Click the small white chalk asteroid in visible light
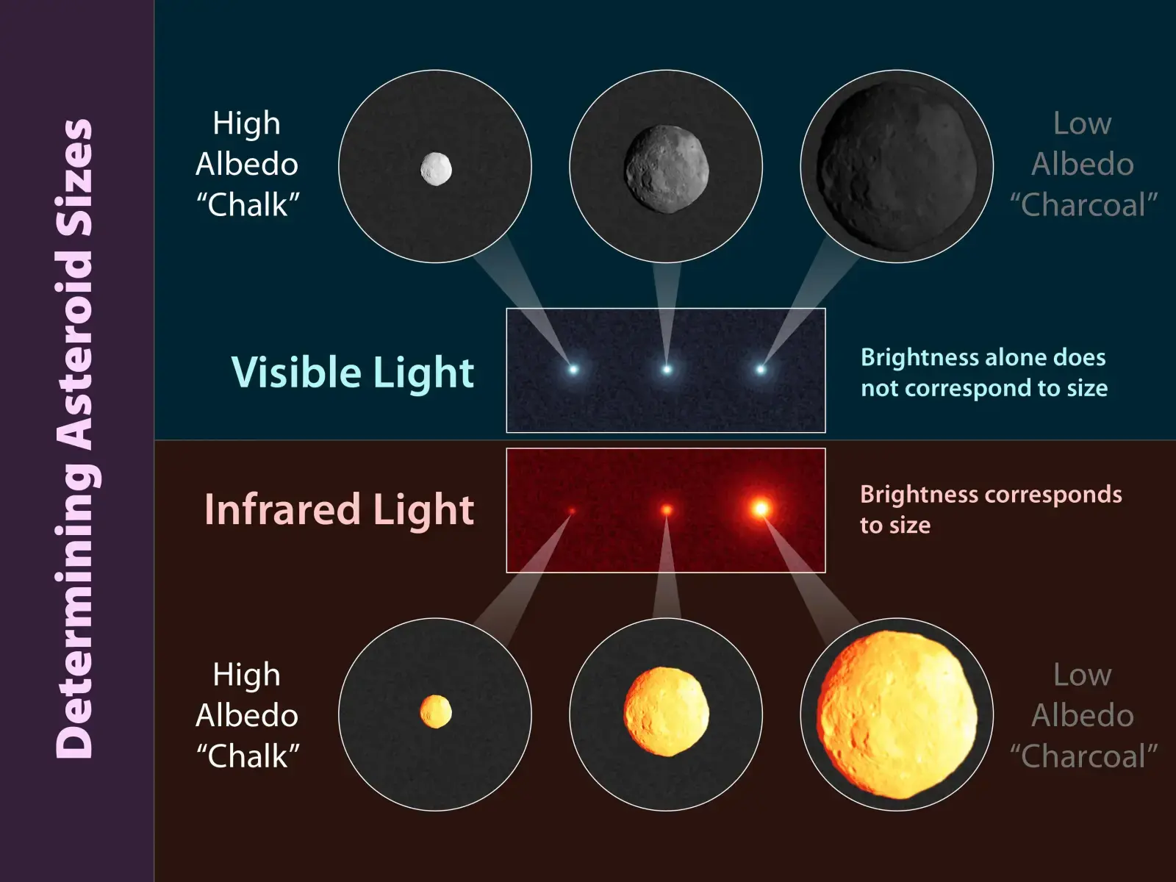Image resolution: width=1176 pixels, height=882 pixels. click(x=436, y=169)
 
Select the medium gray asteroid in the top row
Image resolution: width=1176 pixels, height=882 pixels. click(x=667, y=169)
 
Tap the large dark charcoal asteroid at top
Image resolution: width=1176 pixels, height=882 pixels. click(x=897, y=167)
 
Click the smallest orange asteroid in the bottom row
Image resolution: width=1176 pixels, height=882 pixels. click(x=436, y=711)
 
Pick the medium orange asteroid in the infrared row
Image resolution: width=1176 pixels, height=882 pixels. click(x=667, y=711)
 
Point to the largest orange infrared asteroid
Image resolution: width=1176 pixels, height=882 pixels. click(x=897, y=714)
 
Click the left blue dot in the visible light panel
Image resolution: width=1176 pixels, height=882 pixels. click(x=573, y=370)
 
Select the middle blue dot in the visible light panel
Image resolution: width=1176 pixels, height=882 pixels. click(x=667, y=370)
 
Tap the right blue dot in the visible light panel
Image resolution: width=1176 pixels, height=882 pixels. click(x=761, y=370)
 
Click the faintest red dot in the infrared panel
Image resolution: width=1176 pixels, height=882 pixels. click(x=572, y=512)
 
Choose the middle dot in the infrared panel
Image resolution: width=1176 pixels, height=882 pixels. click(x=667, y=510)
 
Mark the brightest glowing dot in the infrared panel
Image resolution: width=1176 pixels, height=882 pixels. click(x=761, y=508)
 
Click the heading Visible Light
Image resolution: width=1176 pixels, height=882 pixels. click(x=353, y=372)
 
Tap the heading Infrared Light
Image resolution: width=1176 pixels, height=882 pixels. click(x=340, y=509)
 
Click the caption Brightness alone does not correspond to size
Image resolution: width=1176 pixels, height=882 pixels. click(x=984, y=373)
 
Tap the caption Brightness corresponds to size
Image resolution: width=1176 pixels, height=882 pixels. click(x=992, y=510)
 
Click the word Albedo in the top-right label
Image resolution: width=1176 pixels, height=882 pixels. click(x=1083, y=164)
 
